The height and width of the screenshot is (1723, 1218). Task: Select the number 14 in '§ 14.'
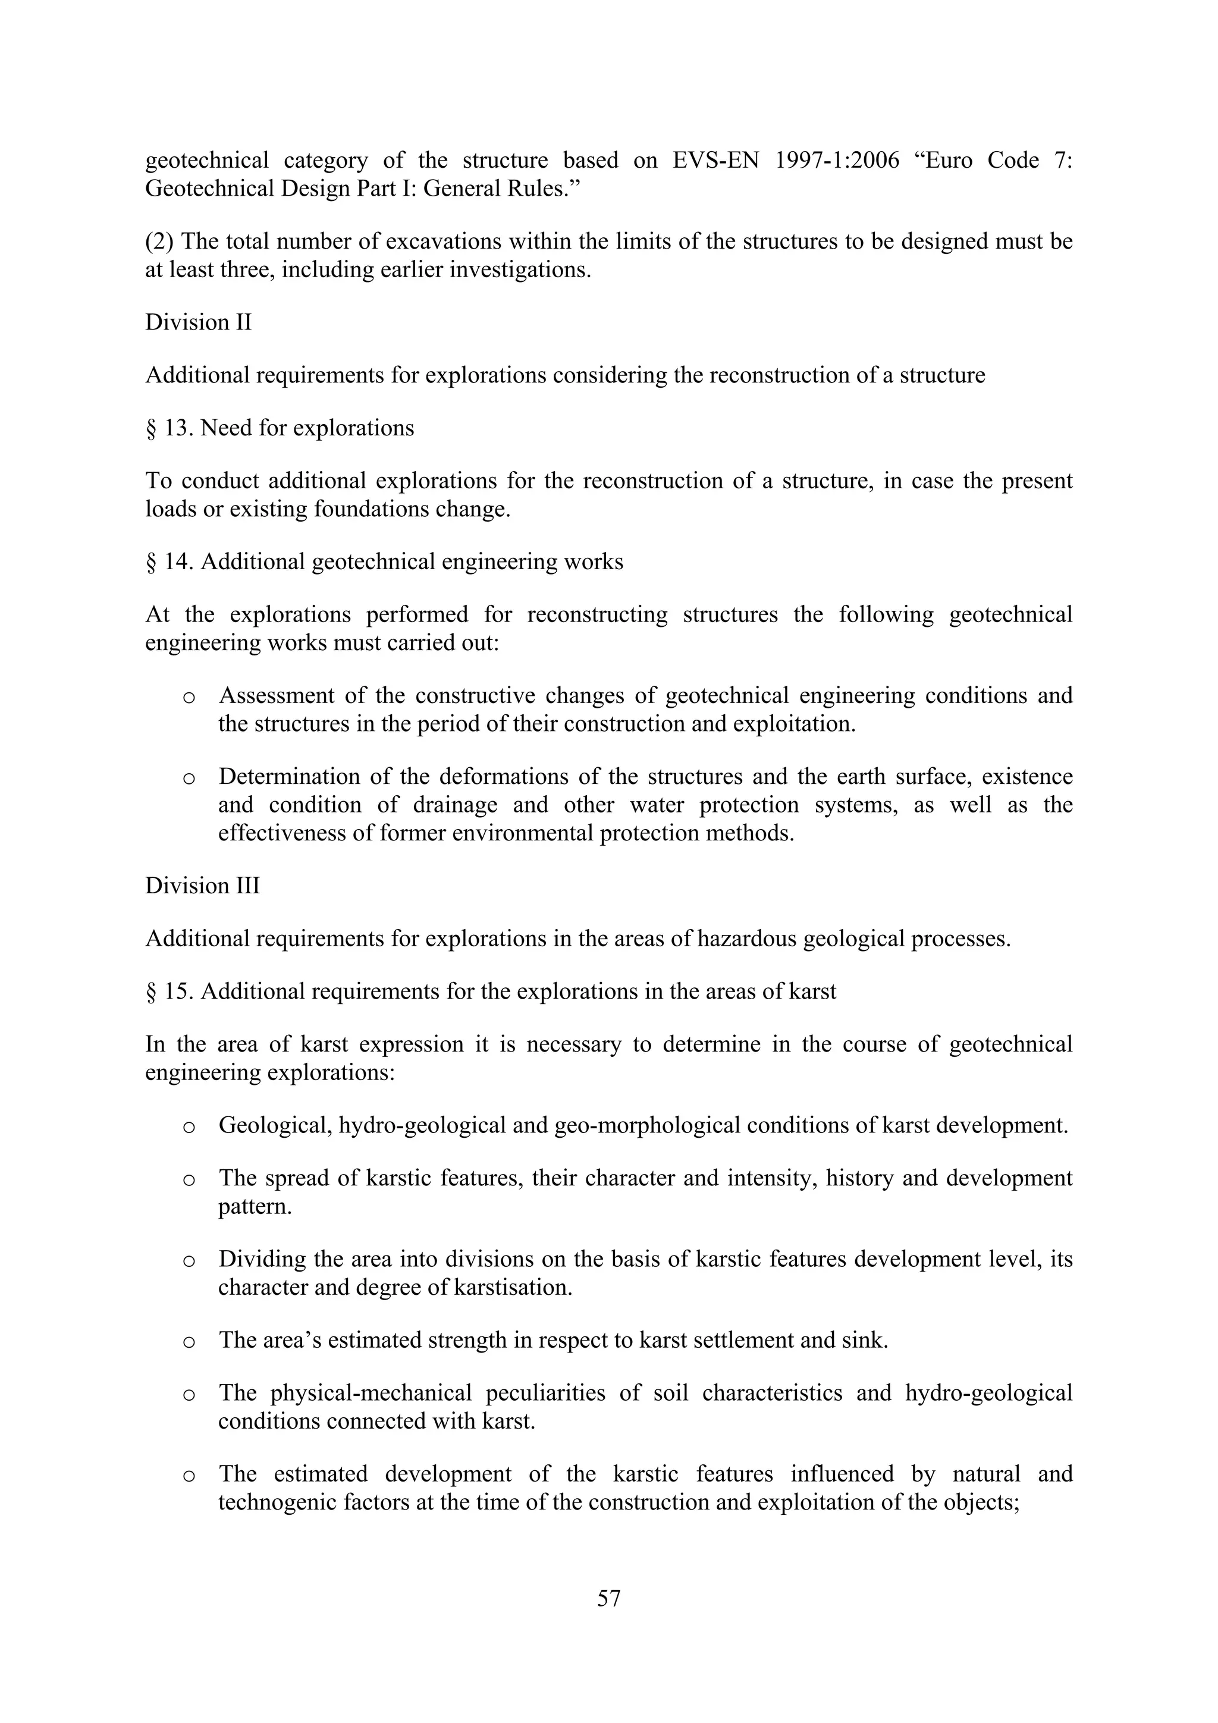pos(175,561)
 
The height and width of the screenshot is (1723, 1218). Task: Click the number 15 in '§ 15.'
pos(175,991)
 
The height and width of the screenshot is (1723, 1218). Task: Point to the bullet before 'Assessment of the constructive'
pos(189,697)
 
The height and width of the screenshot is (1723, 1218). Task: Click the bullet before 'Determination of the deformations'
pos(189,778)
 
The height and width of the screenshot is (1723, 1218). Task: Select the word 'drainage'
pos(455,805)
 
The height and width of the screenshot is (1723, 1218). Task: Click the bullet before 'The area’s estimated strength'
pos(189,1342)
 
